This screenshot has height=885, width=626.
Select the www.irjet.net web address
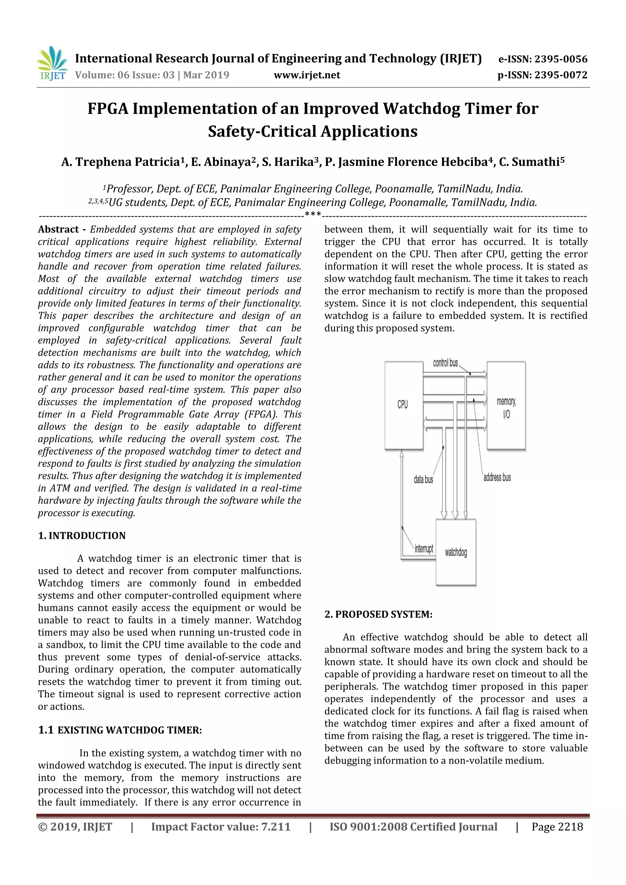point(307,75)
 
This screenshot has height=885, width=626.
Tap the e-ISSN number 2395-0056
point(560,59)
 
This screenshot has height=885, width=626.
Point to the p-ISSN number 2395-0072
point(560,75)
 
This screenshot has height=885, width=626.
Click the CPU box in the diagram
point(403,405)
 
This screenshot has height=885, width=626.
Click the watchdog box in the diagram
point(456,552)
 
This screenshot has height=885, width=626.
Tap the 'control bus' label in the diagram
point(445,363)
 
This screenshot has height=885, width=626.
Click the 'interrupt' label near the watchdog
point(424,548)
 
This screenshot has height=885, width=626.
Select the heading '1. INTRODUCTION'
point(82,536)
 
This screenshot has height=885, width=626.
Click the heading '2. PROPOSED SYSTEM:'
point(378,614)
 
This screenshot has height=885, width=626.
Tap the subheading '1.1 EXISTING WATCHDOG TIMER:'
point(120,730)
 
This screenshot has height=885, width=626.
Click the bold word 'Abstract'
point(58,229)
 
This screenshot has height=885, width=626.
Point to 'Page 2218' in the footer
point(557,826)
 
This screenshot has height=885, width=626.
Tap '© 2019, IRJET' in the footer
point(75,826)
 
